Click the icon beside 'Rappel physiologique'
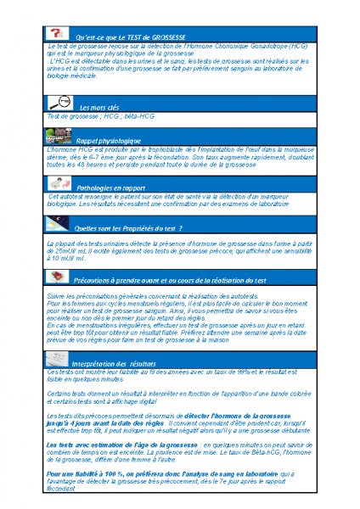(x=59, y=137)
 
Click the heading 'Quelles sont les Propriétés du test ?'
(x=128, y=228)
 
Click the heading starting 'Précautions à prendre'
(x=170, y=279)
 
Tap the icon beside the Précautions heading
(x=59, y=277)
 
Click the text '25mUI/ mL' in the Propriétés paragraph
(x=60, y=251)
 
